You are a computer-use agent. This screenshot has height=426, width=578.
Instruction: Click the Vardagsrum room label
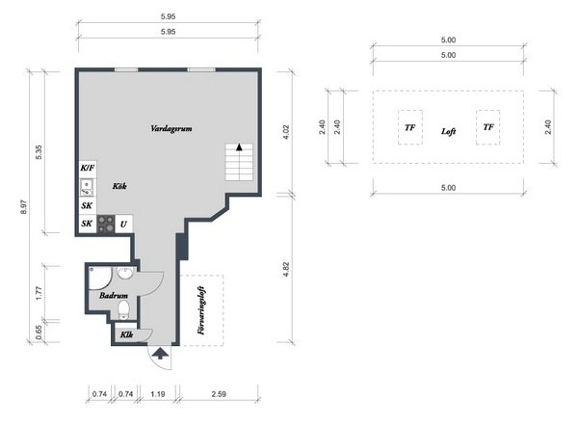(x=171, y=129)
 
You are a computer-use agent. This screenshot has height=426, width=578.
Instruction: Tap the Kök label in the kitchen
(x=119, y=186)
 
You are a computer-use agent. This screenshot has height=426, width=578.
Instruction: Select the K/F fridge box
(x=88, y=169)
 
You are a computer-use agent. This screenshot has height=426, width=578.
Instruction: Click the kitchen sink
(x=87, y=187)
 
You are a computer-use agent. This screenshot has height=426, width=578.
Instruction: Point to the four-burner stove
(x=106, y=224)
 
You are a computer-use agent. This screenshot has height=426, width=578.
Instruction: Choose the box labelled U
(x=123, y=224)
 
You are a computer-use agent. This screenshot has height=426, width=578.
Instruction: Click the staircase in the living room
(x=239, y=162)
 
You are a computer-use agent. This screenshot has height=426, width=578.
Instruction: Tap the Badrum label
(x=114, y=296)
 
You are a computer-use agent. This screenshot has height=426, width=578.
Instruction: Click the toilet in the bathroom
(x=123, y=309)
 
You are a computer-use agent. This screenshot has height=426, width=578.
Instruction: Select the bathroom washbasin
(x=125, y=274)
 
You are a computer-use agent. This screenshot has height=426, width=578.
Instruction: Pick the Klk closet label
(x=126, y=334)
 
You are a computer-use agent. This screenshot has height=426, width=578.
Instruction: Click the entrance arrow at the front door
(x=160, y=353)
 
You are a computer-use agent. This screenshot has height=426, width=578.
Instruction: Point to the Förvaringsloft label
(x=201, y=310)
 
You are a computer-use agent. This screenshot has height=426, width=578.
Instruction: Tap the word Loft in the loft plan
(x=449, y=131)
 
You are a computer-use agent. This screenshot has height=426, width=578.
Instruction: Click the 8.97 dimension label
(x=23, y=207)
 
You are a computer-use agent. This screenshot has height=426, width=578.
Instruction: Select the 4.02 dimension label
(x=286, y=132)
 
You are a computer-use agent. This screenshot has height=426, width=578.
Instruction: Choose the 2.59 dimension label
(x=219, y=394)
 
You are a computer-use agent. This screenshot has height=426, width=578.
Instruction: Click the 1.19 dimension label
(x=158, y=394)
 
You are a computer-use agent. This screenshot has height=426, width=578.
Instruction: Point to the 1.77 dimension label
(x=39, y=293)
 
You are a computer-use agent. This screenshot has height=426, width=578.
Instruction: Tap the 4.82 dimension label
(x=286, y=269)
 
